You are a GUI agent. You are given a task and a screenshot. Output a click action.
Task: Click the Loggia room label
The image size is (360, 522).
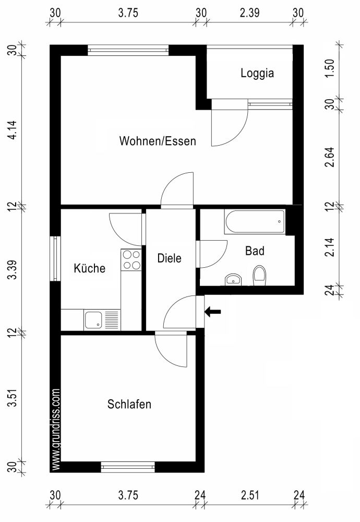pyautogui.click(x=257, y=74)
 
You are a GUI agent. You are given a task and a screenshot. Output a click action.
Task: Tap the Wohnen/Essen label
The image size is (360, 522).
pyautogui.click(x=158, y=141)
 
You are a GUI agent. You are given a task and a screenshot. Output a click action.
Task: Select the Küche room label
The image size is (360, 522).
pyautogui.click(x=90, y=268)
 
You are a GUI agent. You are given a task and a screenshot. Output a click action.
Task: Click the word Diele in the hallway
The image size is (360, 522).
pyautogui.click(x=170, y=258)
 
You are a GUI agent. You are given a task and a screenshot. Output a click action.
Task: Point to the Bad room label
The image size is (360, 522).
pyautogui.click(x=255, y=251)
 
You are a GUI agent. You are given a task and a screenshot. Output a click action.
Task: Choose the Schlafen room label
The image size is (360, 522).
pyautogui.click(x=129, y=404)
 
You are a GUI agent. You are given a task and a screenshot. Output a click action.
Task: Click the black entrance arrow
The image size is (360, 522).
pyautogui.click(x=212, y=312)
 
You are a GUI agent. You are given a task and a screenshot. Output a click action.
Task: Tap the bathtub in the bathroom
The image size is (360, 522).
pyautogui.click(x=255, y=222)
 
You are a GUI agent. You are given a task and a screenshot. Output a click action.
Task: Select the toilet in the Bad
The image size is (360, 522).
pyautogui.click(x=259, y=276)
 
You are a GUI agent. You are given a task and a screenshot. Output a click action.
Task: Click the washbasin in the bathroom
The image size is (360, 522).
pyautogui.click(x=233, y=279)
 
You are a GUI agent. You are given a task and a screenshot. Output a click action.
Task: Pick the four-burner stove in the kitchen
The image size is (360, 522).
pyautogui.click(x=131, y=259)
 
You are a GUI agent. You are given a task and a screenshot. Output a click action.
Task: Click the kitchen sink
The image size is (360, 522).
pyautogui.click(x=94, y=319)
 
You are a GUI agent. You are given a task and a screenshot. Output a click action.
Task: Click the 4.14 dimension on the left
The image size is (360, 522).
pyautogui.click(x=15, y=128)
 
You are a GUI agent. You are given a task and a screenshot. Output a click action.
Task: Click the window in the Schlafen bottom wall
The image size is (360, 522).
pyautogui.click(x=128, y=467)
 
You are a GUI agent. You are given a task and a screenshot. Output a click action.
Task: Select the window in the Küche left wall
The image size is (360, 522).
pyautogui.click(x=55, y=259)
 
